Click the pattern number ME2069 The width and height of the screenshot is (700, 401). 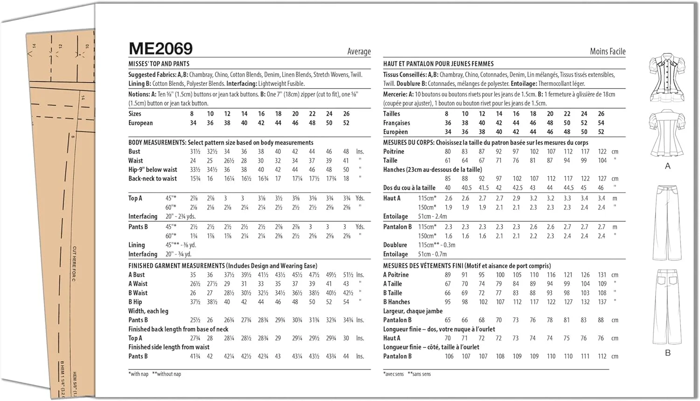(x=161, y=49)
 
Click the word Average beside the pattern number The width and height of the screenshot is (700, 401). (x=359, y=51)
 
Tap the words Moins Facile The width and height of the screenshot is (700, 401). (x=607, y=51)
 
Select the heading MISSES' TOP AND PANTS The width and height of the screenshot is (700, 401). (x=159, y=64)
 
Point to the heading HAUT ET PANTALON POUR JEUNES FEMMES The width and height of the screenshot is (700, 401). (x=438, y=64)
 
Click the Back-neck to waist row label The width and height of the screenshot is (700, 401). (x=153, y=179)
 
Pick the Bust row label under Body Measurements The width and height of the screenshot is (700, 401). (x=134, y=151)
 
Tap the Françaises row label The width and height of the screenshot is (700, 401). (x=397, y=123)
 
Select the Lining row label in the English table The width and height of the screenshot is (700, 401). (x=137, y=245)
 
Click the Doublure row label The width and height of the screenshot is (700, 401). (x=395, y=245)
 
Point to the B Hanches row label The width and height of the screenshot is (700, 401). (x=397, y=302)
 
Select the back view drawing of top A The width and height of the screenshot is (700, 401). (x=668, y=133)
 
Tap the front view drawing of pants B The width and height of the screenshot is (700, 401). (x=668, y=223)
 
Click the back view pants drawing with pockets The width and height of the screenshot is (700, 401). (x=668, y=306)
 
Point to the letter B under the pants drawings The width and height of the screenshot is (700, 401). (x=668, y=353)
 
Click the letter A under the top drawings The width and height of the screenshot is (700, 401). (x=668, y=166)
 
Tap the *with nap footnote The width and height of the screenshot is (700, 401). (x=139, y=374)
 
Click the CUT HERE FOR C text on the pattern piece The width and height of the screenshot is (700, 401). (x=74, y=264)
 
